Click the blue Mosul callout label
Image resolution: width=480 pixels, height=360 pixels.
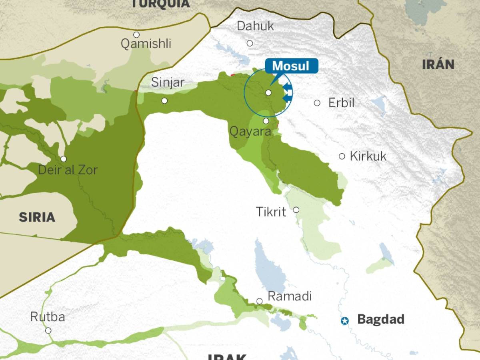[291, 66]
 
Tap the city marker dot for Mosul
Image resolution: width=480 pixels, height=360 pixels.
[268, 92]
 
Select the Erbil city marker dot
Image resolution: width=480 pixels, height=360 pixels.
[317, 103]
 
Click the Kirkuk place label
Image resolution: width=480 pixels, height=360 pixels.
[368, 156]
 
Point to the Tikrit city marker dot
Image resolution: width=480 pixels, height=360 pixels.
[296, 210]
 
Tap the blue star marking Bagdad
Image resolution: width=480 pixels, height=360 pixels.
[344, 320]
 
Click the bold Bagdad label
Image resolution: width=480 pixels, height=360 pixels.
[380, 319]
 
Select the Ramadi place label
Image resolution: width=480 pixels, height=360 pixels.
[289, 296]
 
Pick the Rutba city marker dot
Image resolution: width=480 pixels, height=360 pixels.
[48, 330]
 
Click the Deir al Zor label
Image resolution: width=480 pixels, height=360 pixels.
[68, 170]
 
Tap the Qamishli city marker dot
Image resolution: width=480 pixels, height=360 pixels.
[136, 35]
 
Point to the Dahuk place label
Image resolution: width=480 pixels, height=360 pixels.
[255, 26]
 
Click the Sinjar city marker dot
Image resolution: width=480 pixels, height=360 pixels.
[164, 100]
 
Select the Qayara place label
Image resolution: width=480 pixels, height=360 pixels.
[250, 132]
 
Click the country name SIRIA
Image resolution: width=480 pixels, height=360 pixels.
[37, 217]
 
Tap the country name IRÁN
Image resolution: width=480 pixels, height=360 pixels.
[438, 64]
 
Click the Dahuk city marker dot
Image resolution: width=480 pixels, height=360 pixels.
[250, 43]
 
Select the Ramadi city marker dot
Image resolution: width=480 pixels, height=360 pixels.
[259, 301]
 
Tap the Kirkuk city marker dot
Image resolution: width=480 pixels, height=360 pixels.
[342, 156]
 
